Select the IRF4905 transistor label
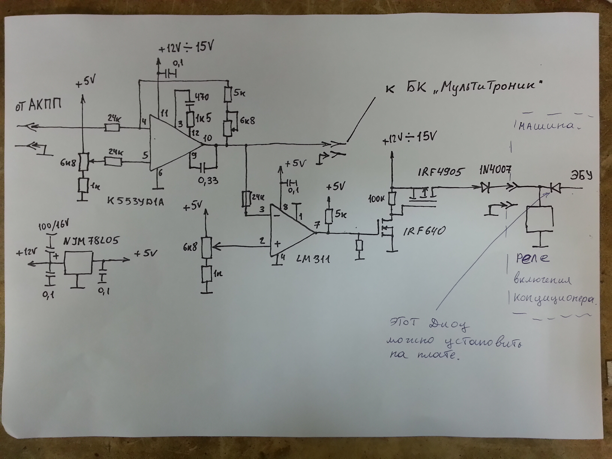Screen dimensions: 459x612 [440, 172]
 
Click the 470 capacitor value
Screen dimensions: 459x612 [202, 97]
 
